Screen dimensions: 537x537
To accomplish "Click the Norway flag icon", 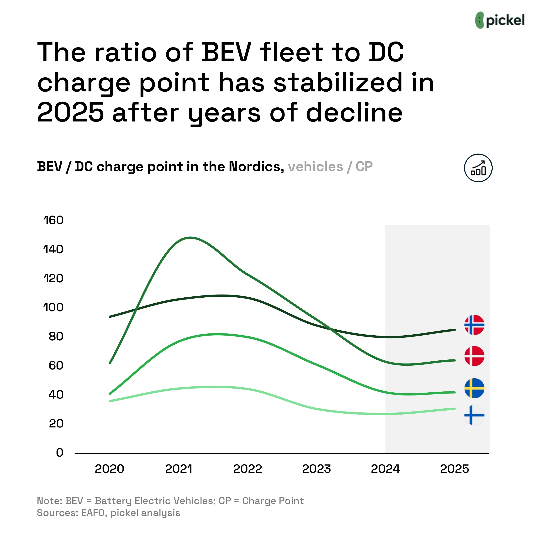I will pos(474,325).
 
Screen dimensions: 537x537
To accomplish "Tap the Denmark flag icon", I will pos(474,356).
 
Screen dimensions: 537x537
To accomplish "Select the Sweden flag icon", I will pos(474,388).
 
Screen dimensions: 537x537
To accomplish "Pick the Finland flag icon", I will pos(474,415).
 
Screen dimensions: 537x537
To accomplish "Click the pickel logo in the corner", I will pos(500,20).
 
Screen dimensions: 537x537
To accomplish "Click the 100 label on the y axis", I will pos(54,307).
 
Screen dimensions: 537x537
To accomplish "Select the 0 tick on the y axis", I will pos(59,453).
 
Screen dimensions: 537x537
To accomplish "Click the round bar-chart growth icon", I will pos(478,168).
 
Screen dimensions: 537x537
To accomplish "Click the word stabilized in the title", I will pos(338,83).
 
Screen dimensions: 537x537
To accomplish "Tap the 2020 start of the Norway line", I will pos(110,316).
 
